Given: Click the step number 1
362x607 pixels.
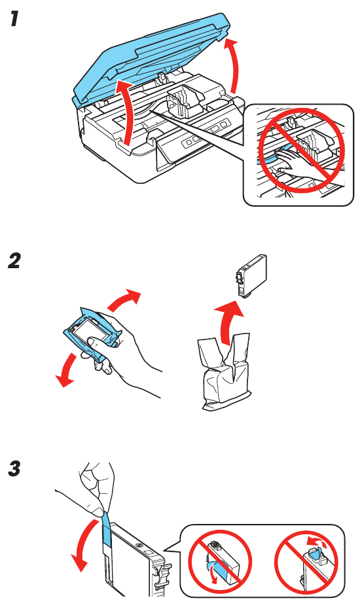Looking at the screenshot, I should [x=13, y=20].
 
